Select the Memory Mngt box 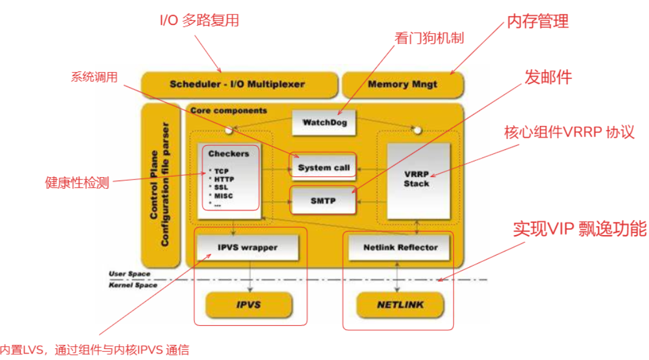pos(402,84)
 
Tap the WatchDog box pos(323,123)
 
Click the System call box pos(323,167)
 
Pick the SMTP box pos(323,200)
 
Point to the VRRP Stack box pos(417,179)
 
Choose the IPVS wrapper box pos(247,247)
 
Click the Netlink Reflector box pos(401,247)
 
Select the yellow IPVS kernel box pos(248,304)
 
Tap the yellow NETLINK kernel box pos(400,304)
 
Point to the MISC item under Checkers pos(223,196)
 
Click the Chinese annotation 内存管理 pos(538,21)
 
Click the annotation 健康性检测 pos(77,182)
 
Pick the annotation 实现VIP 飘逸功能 pos(579,229)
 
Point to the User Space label pos(129,273)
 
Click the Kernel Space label pos(133,285)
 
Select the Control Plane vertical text pos(154,183)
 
